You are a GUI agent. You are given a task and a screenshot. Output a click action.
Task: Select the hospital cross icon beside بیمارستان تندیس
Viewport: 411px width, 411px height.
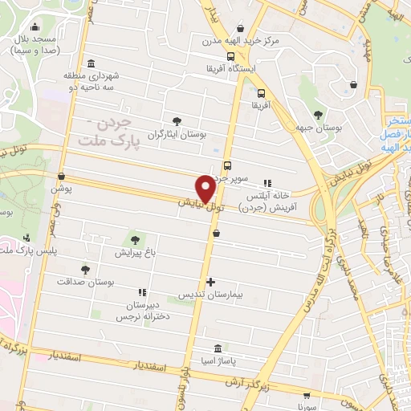[211, 283]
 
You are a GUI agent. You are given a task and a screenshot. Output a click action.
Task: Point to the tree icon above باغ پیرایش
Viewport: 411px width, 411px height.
[136, 239]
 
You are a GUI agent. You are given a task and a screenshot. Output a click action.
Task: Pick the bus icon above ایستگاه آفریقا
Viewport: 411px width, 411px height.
[230, 56]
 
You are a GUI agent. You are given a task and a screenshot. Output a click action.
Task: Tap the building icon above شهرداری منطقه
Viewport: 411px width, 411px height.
[90, 63]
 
